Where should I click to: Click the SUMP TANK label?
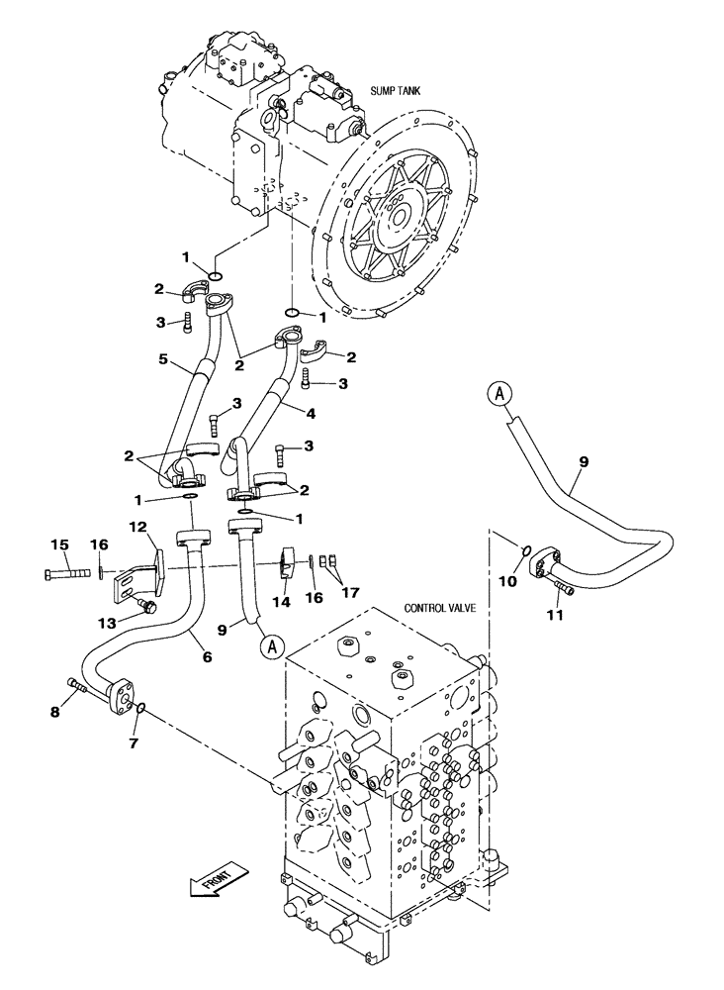[397, 90]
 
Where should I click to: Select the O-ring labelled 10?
[528, 550]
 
